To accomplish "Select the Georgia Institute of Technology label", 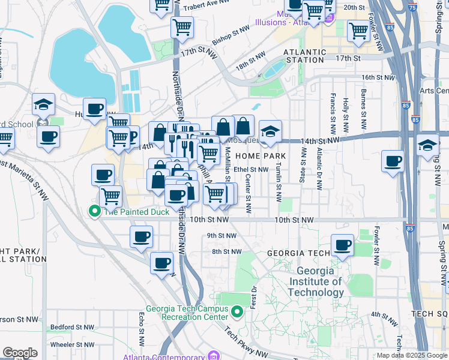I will (x=316, y=281).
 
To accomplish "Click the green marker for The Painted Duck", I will (x=94, y=211).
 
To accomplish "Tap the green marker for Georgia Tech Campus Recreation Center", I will (x=238, y=312).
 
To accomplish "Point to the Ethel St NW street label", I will (x=251, y=170).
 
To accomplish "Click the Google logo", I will (x=20, y=353).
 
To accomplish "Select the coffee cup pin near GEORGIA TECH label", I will (x=342, y=245).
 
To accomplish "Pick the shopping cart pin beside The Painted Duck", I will (x=110, y=196).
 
